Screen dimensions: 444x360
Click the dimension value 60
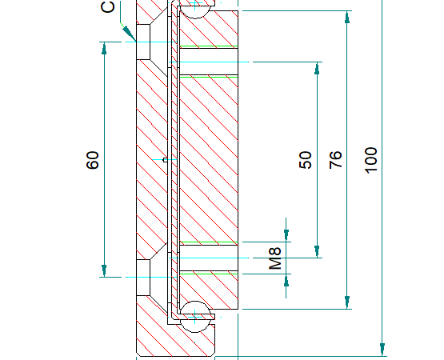93,160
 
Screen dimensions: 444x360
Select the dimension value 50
306,160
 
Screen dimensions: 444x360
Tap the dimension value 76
335,160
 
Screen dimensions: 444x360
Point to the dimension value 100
371,160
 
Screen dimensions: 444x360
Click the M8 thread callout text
275,258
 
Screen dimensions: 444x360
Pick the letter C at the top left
108,6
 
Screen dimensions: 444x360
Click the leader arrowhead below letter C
129,34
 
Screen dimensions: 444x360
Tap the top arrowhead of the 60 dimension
105,48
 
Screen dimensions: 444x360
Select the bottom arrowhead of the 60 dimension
105,270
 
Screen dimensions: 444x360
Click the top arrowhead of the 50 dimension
317,68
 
